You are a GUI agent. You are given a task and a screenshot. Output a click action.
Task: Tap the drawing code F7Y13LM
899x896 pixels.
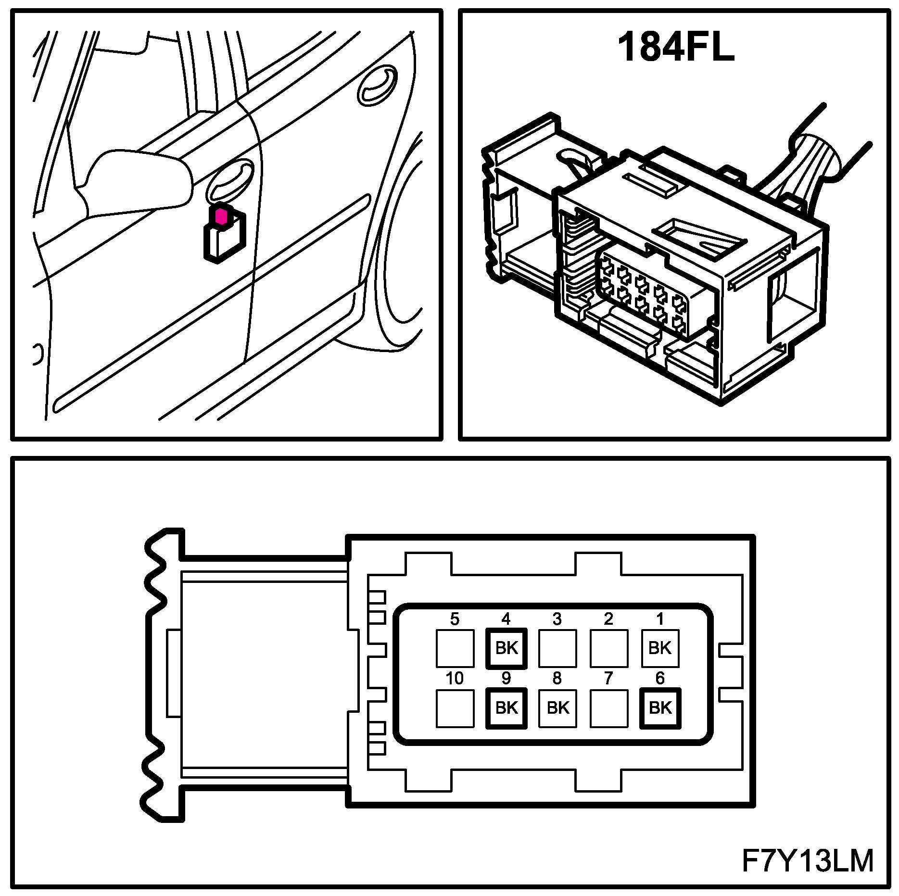(x=808, y=861)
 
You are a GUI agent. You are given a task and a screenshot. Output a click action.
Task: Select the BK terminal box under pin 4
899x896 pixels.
(x=506, y=648)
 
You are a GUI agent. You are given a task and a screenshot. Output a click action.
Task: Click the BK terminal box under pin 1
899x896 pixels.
(x=660, y=648)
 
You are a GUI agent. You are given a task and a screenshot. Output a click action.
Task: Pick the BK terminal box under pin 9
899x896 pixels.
(x=506, y=708)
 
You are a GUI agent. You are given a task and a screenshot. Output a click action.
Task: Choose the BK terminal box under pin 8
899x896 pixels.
(x=557, y=708)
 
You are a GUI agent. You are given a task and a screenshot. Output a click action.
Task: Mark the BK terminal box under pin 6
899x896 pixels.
(x=660, y=708)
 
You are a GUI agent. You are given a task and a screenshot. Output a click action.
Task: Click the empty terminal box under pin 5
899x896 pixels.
(x=455, y=648)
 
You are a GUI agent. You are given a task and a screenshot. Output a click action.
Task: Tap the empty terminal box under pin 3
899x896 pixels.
(x=557, y=648)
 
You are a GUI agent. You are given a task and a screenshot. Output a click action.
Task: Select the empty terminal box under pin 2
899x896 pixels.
(x=608, y=648)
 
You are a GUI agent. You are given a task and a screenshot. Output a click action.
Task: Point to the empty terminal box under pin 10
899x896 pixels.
(x=455, y=708)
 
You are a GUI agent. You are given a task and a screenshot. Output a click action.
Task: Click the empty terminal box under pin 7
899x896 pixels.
(x=608, y=708)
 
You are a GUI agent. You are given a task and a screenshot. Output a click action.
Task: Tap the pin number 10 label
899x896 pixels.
(x=455, y=679)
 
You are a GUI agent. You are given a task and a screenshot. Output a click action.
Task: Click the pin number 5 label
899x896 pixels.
(x=455, y=619)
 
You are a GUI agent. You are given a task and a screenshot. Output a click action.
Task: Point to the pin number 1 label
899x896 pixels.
(x=660, y=619)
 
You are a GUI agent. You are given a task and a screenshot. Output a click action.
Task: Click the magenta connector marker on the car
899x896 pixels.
(x=221, y=216)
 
